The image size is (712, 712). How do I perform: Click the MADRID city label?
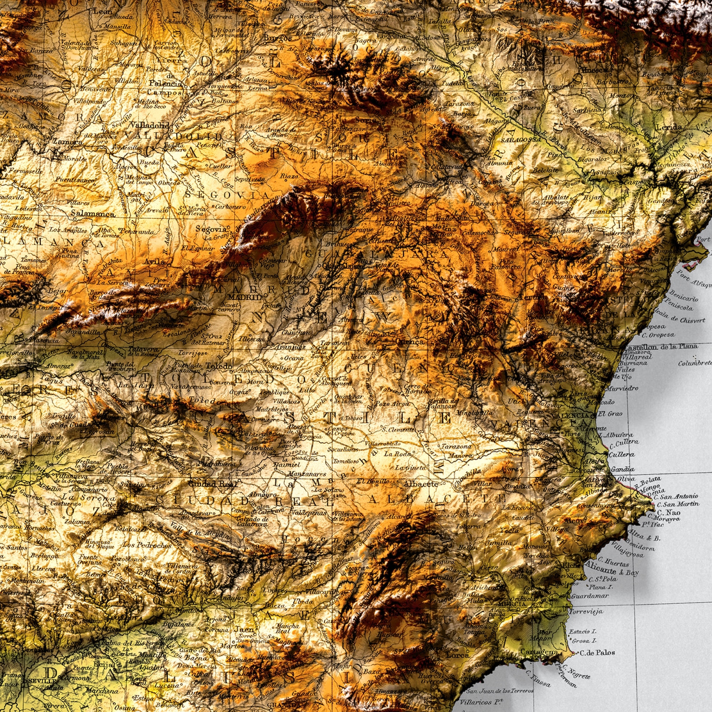pyautogui.click(x=244, y=297)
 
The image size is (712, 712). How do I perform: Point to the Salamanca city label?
pyautogui.click(x=93, y=214)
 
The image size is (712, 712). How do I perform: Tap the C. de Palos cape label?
pyautogui.click(x=597, y=653)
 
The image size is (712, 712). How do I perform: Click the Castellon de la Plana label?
pyautogui.click(x=660, y=347)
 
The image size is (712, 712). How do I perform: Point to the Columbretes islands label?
pyautogui.click(x=695, y=363)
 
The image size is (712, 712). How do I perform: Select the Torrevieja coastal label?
pyautogui.click(x=586, y=612)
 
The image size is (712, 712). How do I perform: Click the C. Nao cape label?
pyautogui.click(x=669, y=512)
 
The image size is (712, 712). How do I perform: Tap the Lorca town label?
pyautogui.click(x=458, y=655)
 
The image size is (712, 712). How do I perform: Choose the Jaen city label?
pyautogui.click(x=244, y=629)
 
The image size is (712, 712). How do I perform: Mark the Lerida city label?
pyautogui.click(x=669, y=127)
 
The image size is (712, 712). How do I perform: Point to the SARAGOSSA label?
pyautogui.click(x=521, y=140)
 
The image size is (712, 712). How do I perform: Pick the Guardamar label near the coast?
pyautogui.click(x=590, y=596)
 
